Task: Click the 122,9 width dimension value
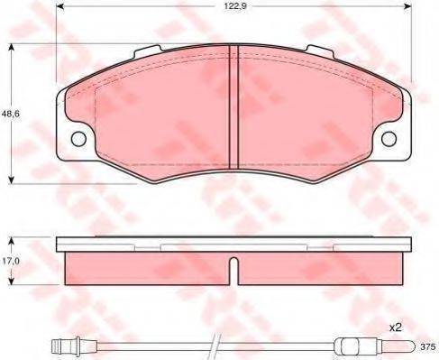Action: [235, 6]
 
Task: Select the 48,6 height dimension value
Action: [11, 114]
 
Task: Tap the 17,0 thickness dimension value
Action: [11, 261]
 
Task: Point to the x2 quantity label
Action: [396, 328]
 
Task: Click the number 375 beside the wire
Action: [427, 346]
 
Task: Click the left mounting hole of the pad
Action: [78, 139]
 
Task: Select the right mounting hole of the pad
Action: [389, 139]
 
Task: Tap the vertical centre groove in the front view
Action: [233, 107]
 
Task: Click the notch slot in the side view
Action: [233, 271]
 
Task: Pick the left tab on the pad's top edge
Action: [148, 51]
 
